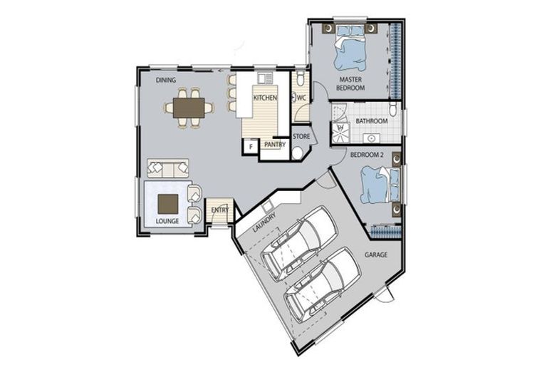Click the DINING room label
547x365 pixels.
click(166, 80)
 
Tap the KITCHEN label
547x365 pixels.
click(265, 98)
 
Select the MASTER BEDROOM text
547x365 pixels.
click(351, 83)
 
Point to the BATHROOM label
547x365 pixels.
click(372, 121)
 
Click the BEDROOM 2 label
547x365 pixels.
click(368, 155)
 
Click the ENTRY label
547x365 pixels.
click(220, 210)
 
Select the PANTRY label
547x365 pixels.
click(274, 145)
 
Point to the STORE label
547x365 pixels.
click(301, 135)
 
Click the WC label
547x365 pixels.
click(301, 98)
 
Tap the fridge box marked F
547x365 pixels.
click(250, 146)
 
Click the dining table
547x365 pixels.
click(189, 108)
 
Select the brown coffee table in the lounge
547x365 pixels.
click(168, 204)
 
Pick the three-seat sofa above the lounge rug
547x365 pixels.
click(168, 168)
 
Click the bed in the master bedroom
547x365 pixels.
click(350, 44)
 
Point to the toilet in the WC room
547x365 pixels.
click(301, 76)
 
